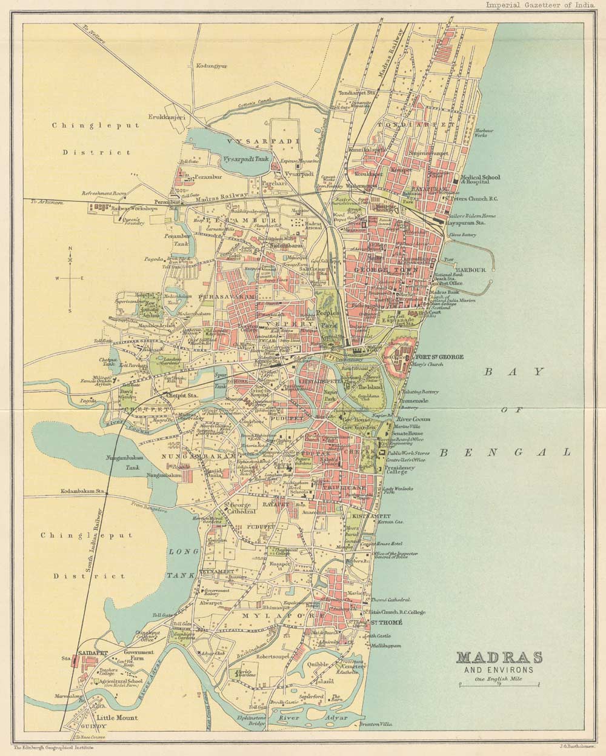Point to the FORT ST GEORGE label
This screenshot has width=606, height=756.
[438, 357]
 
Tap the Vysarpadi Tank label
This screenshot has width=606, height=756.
[245, 158]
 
